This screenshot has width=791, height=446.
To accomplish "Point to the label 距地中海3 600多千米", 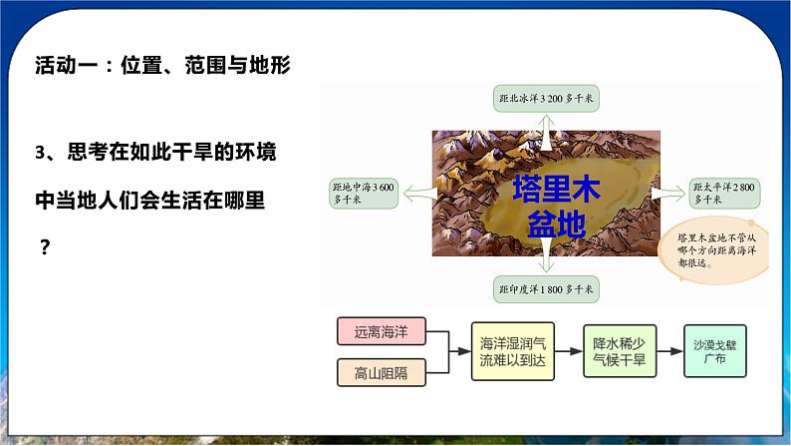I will pos(365,194).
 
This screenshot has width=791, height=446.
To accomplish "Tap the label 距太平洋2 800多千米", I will pos(723,194).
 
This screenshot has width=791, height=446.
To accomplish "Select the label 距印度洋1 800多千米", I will pos(546,290).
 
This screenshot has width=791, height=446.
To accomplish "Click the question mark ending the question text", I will pos(44,248).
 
